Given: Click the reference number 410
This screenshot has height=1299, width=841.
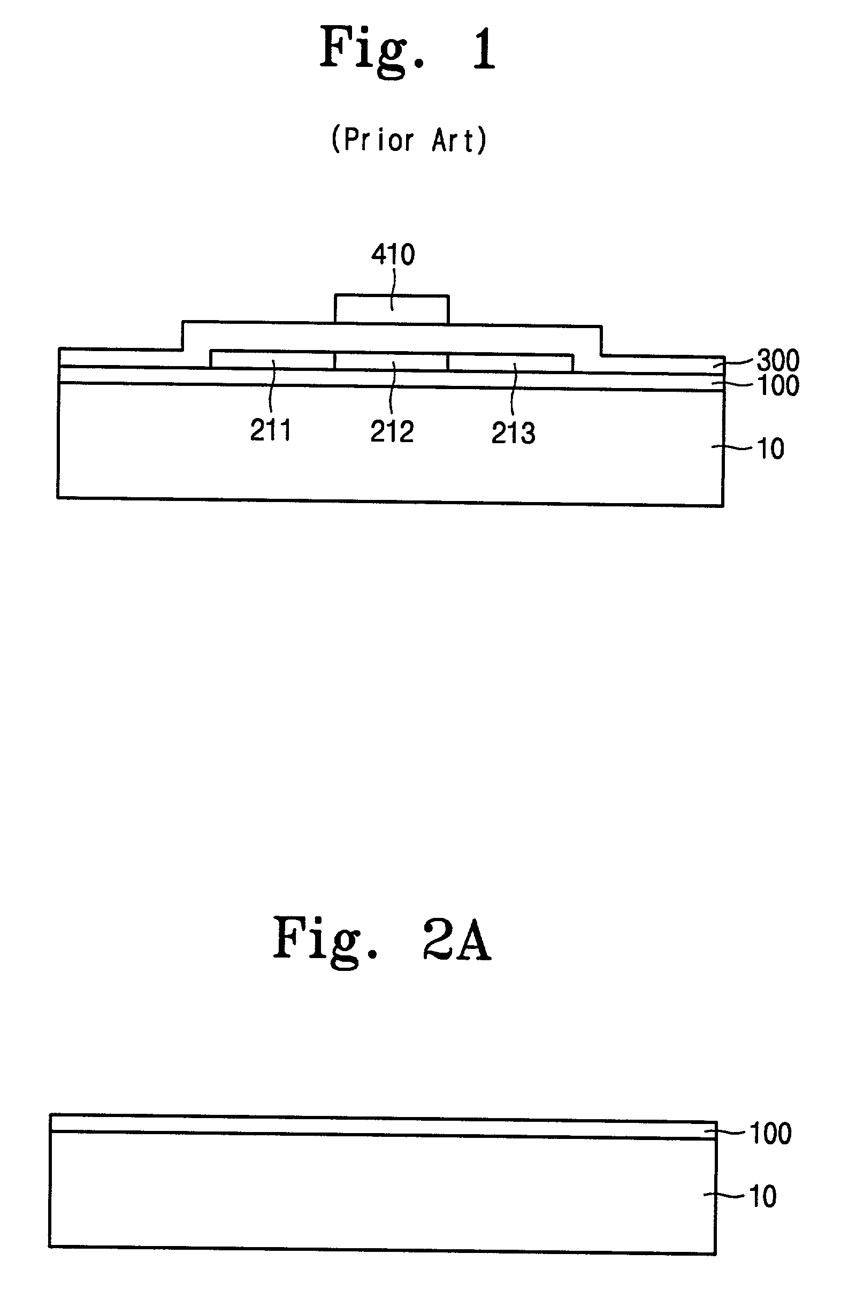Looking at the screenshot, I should [x=393, y=255].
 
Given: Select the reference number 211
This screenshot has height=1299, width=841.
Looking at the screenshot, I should [x=271, y=430].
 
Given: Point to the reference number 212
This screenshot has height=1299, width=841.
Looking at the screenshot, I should [x=392, y=432].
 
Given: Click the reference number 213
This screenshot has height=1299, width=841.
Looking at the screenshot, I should [x=513, y=434].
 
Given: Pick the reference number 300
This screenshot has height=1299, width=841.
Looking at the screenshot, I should [x=778, y=360].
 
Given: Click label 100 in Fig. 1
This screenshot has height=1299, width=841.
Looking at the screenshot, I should [x=779, y=386].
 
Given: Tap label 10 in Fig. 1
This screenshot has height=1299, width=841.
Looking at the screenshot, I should [x=770, y=449].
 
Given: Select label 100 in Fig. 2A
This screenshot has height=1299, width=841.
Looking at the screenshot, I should [x=770, y=1130].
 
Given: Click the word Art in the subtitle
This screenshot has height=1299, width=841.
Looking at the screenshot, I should [x=453, y=140].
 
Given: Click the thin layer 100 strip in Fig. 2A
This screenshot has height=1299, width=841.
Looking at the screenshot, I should [x=382, y=1126].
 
